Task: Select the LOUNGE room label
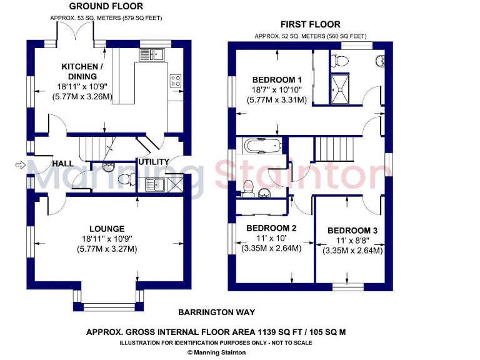coord(106,229)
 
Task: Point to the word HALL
coord(62,164)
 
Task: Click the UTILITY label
coord(153,162)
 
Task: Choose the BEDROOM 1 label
coord(277,80)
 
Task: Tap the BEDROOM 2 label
coord(271,228)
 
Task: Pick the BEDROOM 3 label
coord(352,231)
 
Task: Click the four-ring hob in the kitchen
coord(176,80)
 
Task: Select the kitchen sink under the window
coord(151,55)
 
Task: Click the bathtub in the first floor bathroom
coord(262,146)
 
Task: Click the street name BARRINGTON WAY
coord(216,312)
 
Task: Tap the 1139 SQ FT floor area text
coord(216,332)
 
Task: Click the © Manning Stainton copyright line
coord(216,352)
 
